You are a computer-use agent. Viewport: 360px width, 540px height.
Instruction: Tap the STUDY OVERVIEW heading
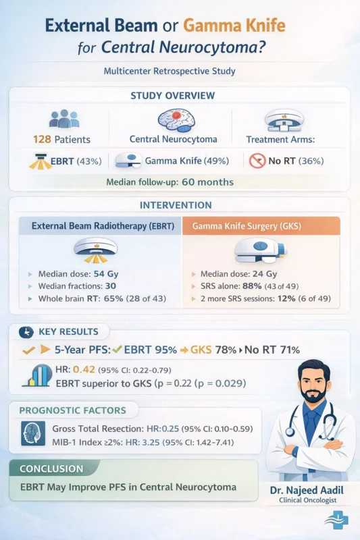180,95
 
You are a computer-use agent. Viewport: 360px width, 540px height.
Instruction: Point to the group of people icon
64,119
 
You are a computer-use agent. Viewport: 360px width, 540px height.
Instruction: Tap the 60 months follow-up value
205,182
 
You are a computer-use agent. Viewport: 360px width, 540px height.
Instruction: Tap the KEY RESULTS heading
69,331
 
